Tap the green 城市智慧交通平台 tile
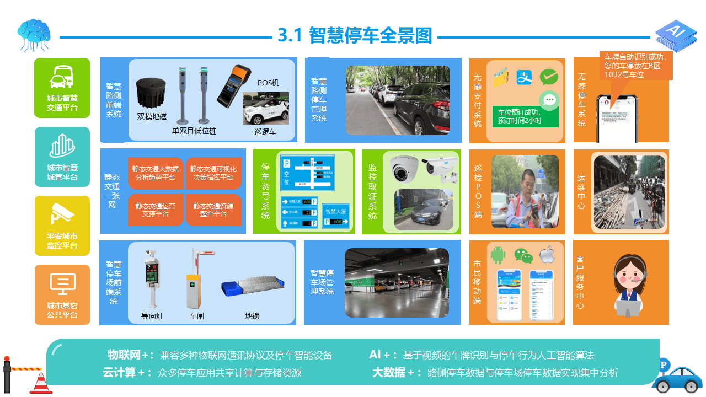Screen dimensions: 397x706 click(x=62, y=88)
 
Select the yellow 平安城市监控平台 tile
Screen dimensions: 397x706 click(x=62, y=226)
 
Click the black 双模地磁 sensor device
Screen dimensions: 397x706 click(x=152, y=92)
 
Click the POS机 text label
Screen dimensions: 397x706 click(x=268, y=83)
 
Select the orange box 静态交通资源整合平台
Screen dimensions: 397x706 click(x=213, y=210)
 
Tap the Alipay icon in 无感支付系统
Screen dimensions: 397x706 click(x=524, y=77)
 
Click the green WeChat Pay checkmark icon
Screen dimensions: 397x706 click(x=549, y=77)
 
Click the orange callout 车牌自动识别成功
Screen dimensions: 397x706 click(x=635, y=66)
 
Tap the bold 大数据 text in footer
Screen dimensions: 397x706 click(x=389, y=373)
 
